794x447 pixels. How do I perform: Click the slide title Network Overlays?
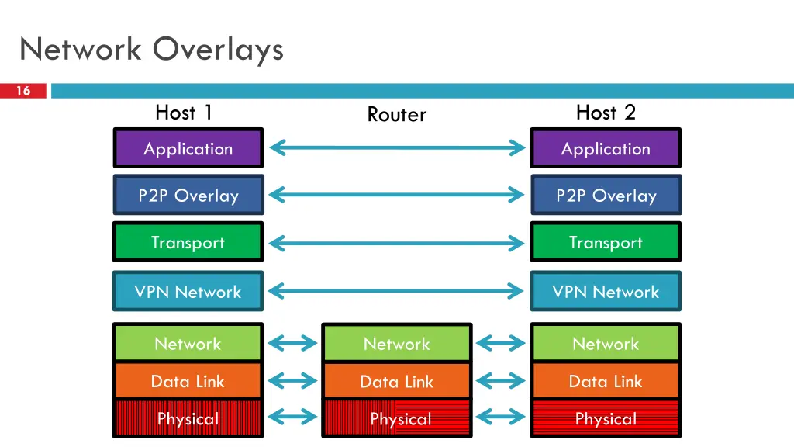click(x=152, y=50)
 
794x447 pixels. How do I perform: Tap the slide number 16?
click(x=23, y=91)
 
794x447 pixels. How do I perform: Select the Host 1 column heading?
click(x=184, y=113)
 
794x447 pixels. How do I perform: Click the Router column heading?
click(x=396, y=115)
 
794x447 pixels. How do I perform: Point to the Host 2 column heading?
click(x=606, y=113)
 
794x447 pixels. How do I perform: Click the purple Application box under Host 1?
click(x=188, y=148)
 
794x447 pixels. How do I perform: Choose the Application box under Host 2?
click(x=606, y=148)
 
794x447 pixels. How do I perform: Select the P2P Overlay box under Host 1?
click(x=188, y=196)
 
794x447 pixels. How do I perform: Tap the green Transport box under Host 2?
click(x=606, y=243)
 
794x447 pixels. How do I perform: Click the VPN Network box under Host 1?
click(x=188, y=292)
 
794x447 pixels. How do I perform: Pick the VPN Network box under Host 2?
click(x=606, y=292)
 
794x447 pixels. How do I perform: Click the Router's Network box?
click(x=396, y=344)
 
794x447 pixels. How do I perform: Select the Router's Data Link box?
click(x=396, y=381)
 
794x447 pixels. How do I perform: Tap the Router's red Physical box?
click(x=396, y=418)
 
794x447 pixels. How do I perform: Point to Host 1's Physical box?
click(x=188, y=418)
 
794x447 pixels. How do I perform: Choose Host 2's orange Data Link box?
click(x=606, y=381)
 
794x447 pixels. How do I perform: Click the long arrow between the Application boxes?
click(x=396, y=147)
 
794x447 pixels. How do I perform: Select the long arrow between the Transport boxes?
click(x=396, y=244)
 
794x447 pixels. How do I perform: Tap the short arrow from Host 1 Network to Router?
click(x=292, y=343)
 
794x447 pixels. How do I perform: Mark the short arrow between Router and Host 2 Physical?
click(x=501, y=418)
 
